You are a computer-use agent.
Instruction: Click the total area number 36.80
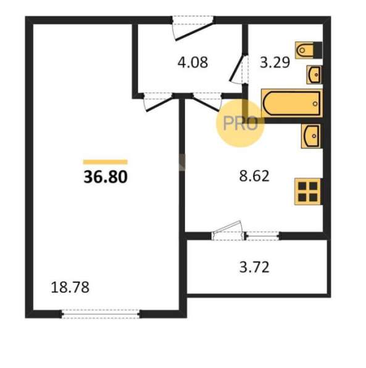(106, 177)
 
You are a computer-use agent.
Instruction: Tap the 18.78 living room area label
(70, 287)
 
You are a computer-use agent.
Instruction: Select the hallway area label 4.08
(193, 62)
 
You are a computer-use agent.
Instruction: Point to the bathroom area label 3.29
(275, 62)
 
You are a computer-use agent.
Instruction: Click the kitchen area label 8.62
(254, 176)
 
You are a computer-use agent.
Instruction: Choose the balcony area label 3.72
(254, 268)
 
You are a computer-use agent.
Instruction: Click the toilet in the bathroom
(309, 50)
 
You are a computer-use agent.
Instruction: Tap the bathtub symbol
(292, 103)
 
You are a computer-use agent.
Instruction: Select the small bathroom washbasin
(314, 75)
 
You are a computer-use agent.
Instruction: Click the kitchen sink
(312, 136)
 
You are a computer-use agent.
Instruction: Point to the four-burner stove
(309, 192)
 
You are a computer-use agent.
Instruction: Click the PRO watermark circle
(240, 123)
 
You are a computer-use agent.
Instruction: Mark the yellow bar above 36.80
(106, 162)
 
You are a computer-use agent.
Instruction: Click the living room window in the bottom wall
(101, 314)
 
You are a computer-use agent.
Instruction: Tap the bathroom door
(238, 69)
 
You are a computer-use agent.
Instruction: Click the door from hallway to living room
(158, 103)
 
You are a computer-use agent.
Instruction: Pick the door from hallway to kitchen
(207, 102)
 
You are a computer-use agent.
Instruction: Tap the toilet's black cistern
(318, 50)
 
